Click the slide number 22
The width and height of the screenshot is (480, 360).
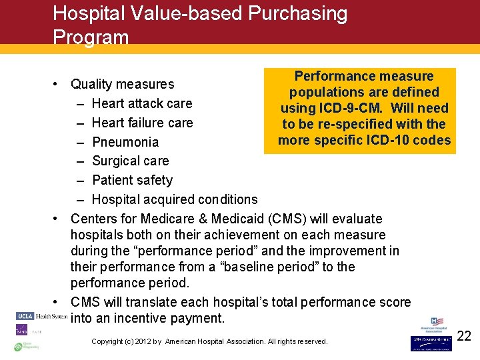[x=464, y=336]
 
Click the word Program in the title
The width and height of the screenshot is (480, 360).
[x=91, y=37]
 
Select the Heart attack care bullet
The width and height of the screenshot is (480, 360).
[x=141, y=103]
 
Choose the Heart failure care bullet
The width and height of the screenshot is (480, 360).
[x=142, y=123]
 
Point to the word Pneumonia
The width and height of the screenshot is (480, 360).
[x=125, y=142]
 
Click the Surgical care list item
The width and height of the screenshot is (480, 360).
[x=130, y=161]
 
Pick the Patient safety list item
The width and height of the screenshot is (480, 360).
[x=132, y=180]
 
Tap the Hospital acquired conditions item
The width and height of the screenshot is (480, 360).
[x=174, y=199]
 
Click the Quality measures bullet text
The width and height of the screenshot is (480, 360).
[x=122, y=84]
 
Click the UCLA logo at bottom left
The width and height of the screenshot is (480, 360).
[x=25, y=315]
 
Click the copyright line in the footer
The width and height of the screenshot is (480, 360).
[x=209, y=341]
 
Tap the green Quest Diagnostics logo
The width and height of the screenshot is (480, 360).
[x=26, y=346]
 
